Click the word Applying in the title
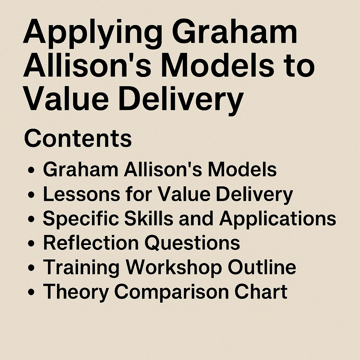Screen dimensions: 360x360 point(92,34)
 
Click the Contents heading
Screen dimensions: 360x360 point(78,138)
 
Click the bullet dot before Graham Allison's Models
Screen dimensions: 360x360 point(31,171)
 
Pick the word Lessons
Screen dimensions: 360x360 point(82,194)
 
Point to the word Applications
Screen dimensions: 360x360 point(278,219)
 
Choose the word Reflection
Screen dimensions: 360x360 point(91,243)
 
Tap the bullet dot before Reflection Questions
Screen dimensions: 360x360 point(31,243)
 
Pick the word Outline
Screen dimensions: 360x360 point(262,267)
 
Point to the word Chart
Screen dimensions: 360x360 point(261,292)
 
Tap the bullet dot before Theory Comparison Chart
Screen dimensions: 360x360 point(31,292)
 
